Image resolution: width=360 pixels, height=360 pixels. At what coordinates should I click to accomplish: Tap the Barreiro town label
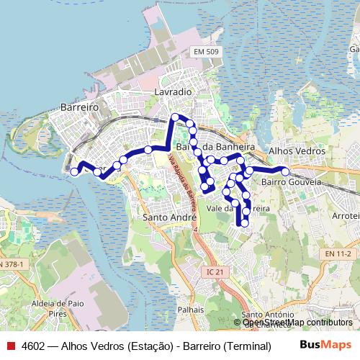(79, 107)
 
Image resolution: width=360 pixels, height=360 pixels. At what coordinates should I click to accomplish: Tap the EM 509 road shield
(206, 53)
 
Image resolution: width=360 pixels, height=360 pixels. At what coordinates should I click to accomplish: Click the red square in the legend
(11, 346)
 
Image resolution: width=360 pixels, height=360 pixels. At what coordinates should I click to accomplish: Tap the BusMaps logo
(325, 345)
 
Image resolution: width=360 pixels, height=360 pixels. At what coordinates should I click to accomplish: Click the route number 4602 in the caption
(33, 346)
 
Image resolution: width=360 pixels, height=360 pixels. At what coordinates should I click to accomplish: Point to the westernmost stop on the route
(74, 171)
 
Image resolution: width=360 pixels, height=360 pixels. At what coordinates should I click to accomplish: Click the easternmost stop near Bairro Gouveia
(285, 171)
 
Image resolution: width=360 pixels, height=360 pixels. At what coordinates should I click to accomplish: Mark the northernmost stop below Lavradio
(174, 117)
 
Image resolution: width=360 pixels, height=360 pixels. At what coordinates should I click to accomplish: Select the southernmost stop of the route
(244, 223)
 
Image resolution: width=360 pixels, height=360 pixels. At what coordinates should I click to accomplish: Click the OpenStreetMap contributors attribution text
(297, 323)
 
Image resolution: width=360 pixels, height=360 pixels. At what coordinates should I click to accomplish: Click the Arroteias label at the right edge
(346, 215)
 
